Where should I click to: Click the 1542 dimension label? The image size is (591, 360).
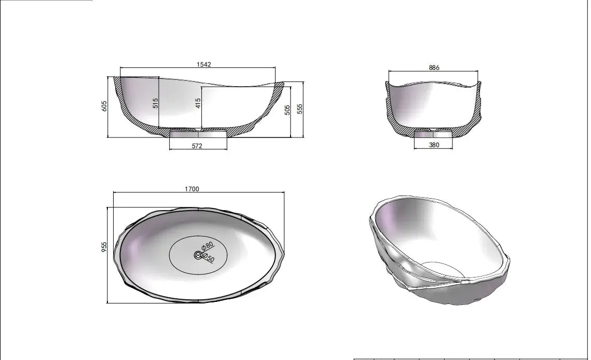click(x=204, y=64)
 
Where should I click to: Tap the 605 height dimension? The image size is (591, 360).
click(x=104, y=106)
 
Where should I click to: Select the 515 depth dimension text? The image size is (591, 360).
click(x=155, y=103)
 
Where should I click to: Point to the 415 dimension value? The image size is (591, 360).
click(x=198, y=103)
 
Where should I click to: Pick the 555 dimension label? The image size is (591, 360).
click(x=299, y=108)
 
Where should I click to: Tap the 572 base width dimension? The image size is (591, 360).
click(x=197, y=146)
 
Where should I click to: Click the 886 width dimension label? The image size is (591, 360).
click(x=434, y=68)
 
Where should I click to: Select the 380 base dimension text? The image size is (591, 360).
click(x=434, y=145)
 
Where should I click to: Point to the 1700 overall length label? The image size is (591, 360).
click(x=192, y=189)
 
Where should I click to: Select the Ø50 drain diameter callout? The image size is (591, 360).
click(x=210, y=257)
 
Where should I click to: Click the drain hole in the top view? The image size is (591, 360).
click(x=198, y=255)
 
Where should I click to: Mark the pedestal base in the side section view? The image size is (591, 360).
click(x=198, y=134)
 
